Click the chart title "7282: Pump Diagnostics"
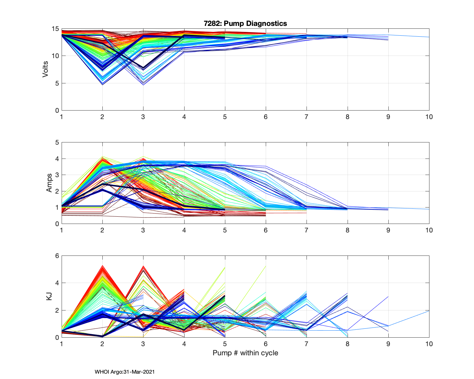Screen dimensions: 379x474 point(245,23)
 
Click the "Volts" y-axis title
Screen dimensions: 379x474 point(46,69)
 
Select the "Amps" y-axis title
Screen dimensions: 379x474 point(49,183)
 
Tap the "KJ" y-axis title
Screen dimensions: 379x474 point(49,296)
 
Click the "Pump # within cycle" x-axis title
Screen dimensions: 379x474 point(245,353)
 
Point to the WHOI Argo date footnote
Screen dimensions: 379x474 point(125,372)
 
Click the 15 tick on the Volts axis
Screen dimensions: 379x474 point(55,29)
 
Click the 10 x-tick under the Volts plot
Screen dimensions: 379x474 point(429,117)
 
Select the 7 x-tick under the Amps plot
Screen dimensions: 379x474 point(307,230)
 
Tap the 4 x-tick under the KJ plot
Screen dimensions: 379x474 point(184,344)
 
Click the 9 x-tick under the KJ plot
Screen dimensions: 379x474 point(388,344)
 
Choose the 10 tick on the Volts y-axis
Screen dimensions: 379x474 point(55,56)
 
